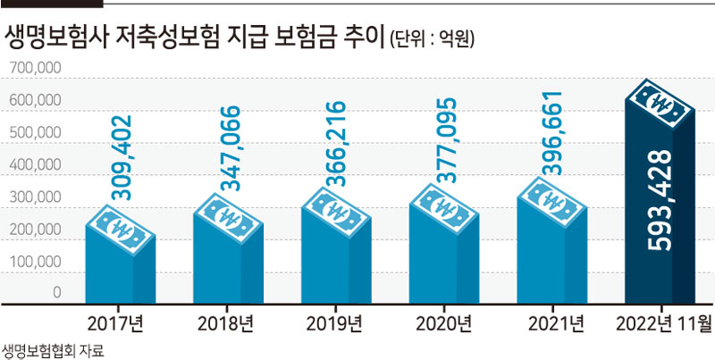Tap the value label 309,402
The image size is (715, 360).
(122, 158)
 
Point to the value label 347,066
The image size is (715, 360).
(230, 148)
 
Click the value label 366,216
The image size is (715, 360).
(337, 143)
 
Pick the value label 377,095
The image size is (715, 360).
(445, 140)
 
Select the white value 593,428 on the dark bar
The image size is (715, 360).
(660, 200)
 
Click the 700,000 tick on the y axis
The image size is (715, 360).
(35, 68)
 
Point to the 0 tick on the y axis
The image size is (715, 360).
(56, 293)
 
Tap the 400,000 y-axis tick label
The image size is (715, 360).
(35, 165)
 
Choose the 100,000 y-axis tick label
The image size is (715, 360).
(35, 262)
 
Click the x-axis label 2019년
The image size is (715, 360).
(334, 324)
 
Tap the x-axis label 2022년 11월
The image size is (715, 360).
(663, 324)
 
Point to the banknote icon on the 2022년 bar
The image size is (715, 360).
(660, 104)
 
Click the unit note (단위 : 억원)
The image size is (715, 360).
(433, 40)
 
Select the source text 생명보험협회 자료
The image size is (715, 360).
(53, 351)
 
